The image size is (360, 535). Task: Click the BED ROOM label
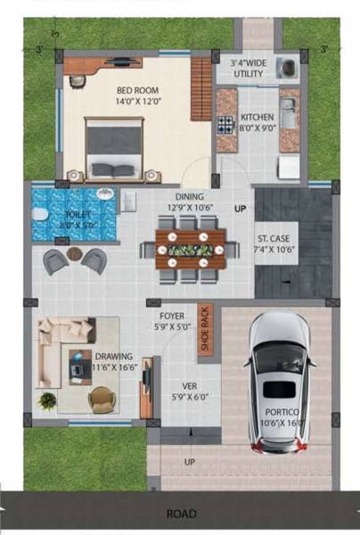[x=135, y=95]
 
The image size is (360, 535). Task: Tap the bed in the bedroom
[x=114, y=149]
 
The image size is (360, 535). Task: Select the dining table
[x=189, y=249]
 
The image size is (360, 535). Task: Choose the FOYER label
[x=171, y=321]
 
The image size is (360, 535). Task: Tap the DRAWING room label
[x=113, y=361]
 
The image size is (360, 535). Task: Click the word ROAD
[x=181, y=514]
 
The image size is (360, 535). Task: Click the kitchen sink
[x=289, y=111]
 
